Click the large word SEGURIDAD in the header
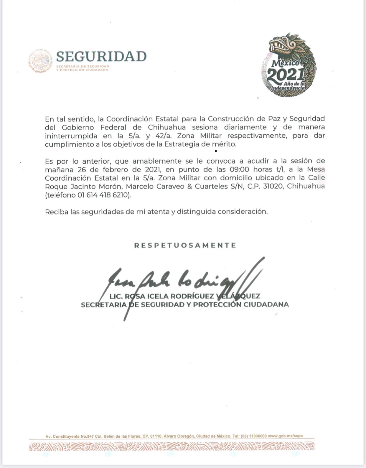[101, 56]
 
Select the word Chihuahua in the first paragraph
[167, 128]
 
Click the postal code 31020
[274, 187]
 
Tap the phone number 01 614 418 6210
[104, 195]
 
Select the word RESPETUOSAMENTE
[185, 245]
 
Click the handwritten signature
[183, 283]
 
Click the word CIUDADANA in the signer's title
[266, 305]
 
